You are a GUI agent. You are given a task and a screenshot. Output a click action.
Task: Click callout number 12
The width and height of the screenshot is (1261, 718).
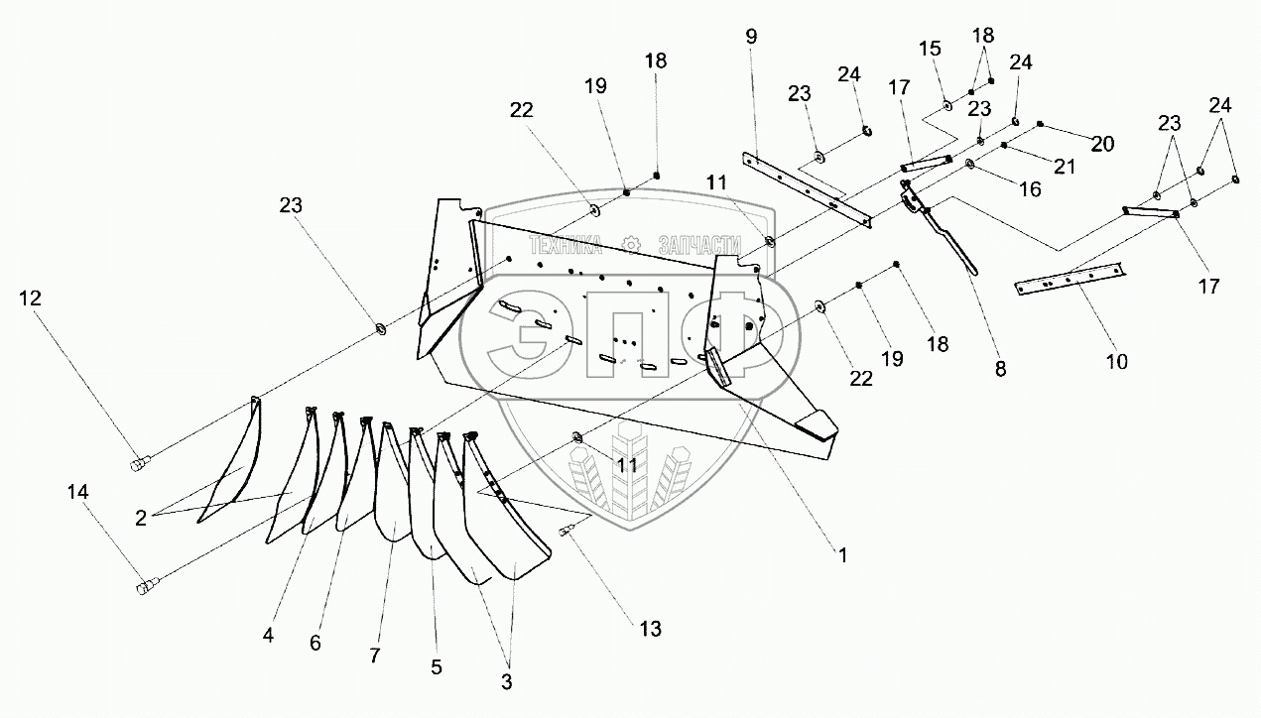coord(29,297)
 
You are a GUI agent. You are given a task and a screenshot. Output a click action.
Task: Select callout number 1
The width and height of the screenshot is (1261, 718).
coord(842,556)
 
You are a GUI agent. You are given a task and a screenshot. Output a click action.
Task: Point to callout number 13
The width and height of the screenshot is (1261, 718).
coord(649,629)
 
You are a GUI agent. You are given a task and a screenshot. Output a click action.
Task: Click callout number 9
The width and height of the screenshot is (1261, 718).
coord(751,37)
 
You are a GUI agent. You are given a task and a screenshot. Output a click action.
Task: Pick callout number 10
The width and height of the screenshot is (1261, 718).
coord(1117,362)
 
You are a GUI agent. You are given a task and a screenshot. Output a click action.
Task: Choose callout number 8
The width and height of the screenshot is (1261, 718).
coord(999,369)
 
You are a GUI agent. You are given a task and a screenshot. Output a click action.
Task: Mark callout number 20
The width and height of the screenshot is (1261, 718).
coord(1102,145)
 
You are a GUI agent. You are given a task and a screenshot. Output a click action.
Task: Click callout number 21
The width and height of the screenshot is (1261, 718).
coord(1065,167)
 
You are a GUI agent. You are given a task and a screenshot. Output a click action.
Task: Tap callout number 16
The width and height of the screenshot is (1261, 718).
coord(1030,189)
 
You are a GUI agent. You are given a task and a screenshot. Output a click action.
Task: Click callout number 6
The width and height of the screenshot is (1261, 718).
coord(315,643)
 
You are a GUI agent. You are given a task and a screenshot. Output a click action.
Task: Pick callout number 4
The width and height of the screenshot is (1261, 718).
coord(269,631)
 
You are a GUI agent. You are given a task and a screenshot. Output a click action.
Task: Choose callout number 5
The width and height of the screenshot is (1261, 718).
coord(436,666)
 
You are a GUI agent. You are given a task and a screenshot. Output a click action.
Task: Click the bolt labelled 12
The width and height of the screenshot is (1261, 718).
coord(140,461)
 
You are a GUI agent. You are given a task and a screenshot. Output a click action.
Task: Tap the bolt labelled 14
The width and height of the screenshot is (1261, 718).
coord(146,587)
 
